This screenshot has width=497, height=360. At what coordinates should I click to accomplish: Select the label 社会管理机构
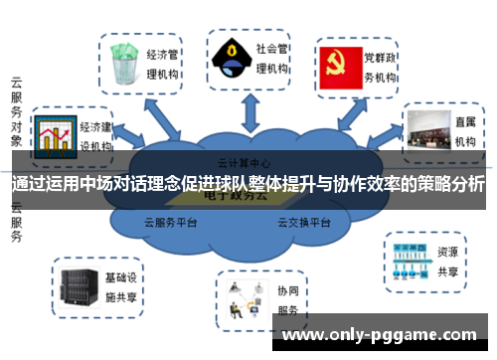coord(273,58)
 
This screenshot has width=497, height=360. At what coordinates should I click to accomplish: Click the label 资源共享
coord(448,261)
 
